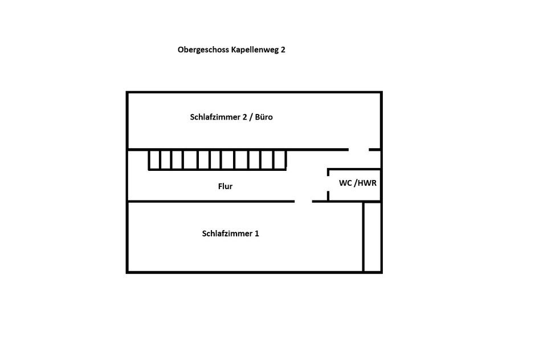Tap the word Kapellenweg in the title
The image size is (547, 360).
pos(254,50)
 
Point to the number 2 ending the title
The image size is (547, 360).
pos(283,50)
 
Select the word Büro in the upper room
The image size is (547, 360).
pos(264,117)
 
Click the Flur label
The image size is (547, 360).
pos(225,186)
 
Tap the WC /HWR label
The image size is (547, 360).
pos(358,183)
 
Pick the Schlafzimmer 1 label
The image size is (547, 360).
pos(230,234)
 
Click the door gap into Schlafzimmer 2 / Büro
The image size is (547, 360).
pos(358,150)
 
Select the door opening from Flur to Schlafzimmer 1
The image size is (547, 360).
pos(303,201)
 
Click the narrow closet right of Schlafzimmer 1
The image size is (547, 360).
pos(372,236)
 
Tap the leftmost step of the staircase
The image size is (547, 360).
pos(154,159)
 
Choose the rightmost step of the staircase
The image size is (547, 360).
pos(280,159)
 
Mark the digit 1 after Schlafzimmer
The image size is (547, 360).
pos(257,234)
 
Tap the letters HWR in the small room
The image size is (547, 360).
pos(367,183)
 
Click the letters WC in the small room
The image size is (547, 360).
pos(345,183)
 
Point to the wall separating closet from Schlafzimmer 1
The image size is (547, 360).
pos(364,236)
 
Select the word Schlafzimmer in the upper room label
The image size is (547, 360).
pos(212,117)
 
